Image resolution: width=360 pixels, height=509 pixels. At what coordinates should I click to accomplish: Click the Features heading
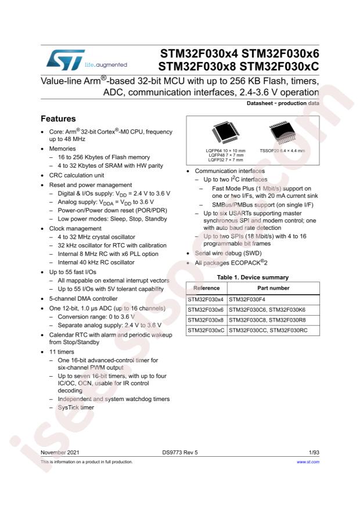click(58, 118)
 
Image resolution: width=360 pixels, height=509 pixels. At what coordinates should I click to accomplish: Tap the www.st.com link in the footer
click(308, 462)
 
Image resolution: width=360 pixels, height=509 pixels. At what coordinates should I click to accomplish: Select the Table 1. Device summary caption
click(253, 277)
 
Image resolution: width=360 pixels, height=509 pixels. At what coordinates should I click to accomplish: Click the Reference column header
click(206, 288)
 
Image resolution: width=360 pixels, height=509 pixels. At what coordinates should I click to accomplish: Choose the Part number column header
click(273, 288)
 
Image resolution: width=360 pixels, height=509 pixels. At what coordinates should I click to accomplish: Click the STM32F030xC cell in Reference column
click(206, 331)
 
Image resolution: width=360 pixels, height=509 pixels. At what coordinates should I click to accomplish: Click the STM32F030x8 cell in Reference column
click(206, 320)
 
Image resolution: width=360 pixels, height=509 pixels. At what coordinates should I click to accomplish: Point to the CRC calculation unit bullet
click(77, 175)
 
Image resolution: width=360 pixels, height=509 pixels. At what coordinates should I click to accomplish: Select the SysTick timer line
click(75, 407)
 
